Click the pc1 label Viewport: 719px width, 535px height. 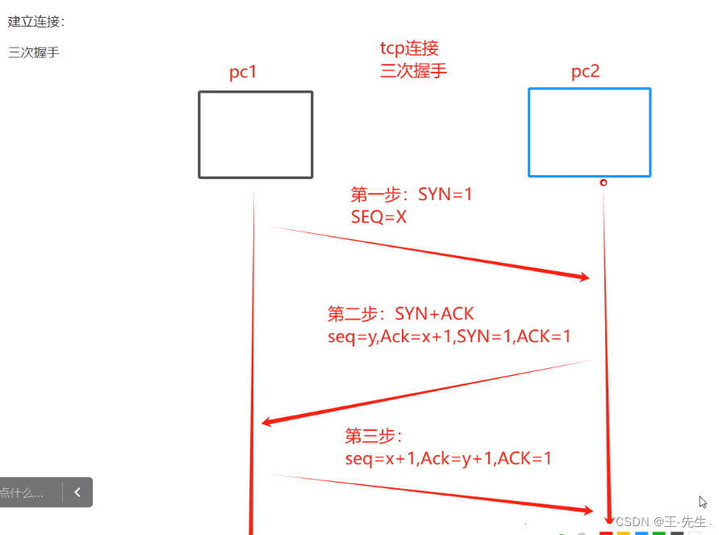tap(243, 73)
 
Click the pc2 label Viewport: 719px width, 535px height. tap(585, 73)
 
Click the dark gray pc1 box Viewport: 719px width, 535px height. tap(255, 134)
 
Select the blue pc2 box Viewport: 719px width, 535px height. tap(589, 132)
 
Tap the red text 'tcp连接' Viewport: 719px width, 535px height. tap(409, 49)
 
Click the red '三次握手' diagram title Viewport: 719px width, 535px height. tap(413, 70)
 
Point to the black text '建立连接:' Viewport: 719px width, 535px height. tap(36, 21)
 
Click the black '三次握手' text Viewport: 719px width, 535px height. tap(34, 53)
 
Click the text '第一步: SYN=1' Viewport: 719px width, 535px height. tap(412, 194)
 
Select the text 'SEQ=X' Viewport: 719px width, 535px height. tap(378, 216)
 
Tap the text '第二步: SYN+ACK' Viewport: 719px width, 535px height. tap(407, 314)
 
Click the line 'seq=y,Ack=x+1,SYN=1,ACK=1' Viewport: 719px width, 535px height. tap(449, 336)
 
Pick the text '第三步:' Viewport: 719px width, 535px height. tap(373, 437)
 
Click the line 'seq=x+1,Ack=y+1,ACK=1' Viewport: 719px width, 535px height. tap(449, 458)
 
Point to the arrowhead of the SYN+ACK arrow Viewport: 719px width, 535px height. tap(269, 423)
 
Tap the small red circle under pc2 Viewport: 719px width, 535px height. tap(604, 183)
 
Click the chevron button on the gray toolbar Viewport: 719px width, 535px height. tap(77, 492)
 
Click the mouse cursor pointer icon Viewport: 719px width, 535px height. tap(704, 502)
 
